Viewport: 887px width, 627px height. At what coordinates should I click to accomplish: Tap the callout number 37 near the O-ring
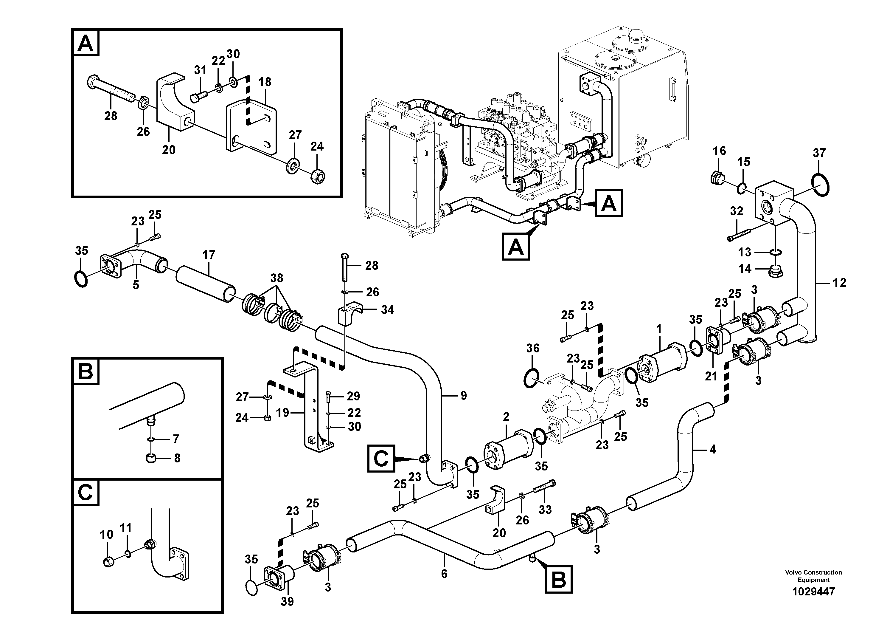(819, 153)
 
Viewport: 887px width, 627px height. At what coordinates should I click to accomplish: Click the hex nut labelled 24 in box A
(318, 177)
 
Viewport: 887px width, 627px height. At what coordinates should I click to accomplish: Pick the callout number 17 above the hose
(209, 255)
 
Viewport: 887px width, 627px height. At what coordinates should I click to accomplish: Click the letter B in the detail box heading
(86, 372)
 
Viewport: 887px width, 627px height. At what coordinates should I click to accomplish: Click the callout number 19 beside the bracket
(282, 413)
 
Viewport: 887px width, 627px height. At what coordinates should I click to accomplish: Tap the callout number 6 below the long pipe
(444, 574)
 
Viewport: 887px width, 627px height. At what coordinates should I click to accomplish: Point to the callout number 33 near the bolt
(545, 510)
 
